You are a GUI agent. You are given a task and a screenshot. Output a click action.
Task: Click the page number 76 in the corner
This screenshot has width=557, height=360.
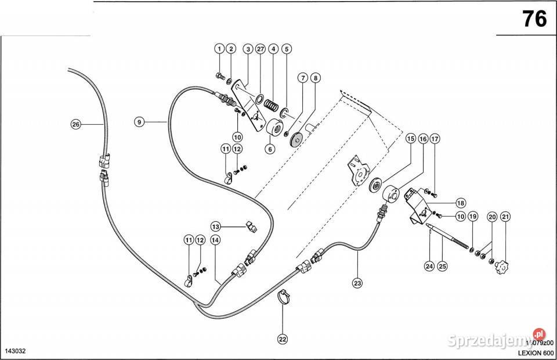534,19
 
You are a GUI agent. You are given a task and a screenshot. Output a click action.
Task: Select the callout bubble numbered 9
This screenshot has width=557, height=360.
139,122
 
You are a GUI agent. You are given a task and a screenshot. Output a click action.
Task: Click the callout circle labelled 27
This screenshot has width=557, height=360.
259,49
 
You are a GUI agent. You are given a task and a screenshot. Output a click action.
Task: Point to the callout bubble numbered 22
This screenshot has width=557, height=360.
283,338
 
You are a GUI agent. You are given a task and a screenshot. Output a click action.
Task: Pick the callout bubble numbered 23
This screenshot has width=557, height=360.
357,283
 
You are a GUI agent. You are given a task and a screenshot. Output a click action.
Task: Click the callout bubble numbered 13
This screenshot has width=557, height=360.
215,226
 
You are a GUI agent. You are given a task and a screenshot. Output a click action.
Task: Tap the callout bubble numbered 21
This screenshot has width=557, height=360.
505,217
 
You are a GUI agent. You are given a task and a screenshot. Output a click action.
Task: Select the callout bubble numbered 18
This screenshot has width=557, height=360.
461,203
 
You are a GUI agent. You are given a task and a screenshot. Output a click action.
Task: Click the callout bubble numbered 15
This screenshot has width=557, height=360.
410,139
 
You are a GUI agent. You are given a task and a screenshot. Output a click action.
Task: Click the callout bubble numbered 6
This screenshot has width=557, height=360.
270,149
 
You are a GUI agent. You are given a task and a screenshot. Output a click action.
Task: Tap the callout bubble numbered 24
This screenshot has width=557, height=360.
429,267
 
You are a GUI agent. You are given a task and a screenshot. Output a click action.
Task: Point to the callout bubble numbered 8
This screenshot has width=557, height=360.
315,77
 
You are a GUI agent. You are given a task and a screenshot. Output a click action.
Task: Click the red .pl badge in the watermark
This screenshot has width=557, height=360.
540,334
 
